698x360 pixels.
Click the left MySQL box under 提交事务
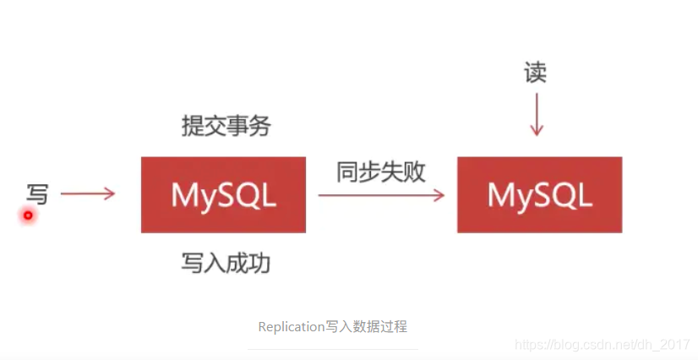tap(223, 195)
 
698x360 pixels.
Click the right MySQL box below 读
tap(539, 195)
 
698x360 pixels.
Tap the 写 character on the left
tap(37, 194)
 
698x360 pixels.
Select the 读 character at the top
tap(535, 73)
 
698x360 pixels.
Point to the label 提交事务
tap(226, 127)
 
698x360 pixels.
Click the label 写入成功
tap(226, 263)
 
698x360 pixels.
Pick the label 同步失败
tap(381, 172)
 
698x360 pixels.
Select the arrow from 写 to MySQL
tap(88, 194)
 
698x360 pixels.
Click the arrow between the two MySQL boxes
tap(381, 195)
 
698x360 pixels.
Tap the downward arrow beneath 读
tap(535, 115)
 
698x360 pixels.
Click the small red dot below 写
tap(28, 215)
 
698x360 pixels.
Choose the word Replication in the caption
tap(292, 326)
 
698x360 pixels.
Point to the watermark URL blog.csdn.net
tap(602, 345)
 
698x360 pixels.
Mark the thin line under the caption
tap(333, 349)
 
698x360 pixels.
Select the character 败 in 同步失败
tap(415, 172)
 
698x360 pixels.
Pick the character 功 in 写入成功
tap(260, 263)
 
